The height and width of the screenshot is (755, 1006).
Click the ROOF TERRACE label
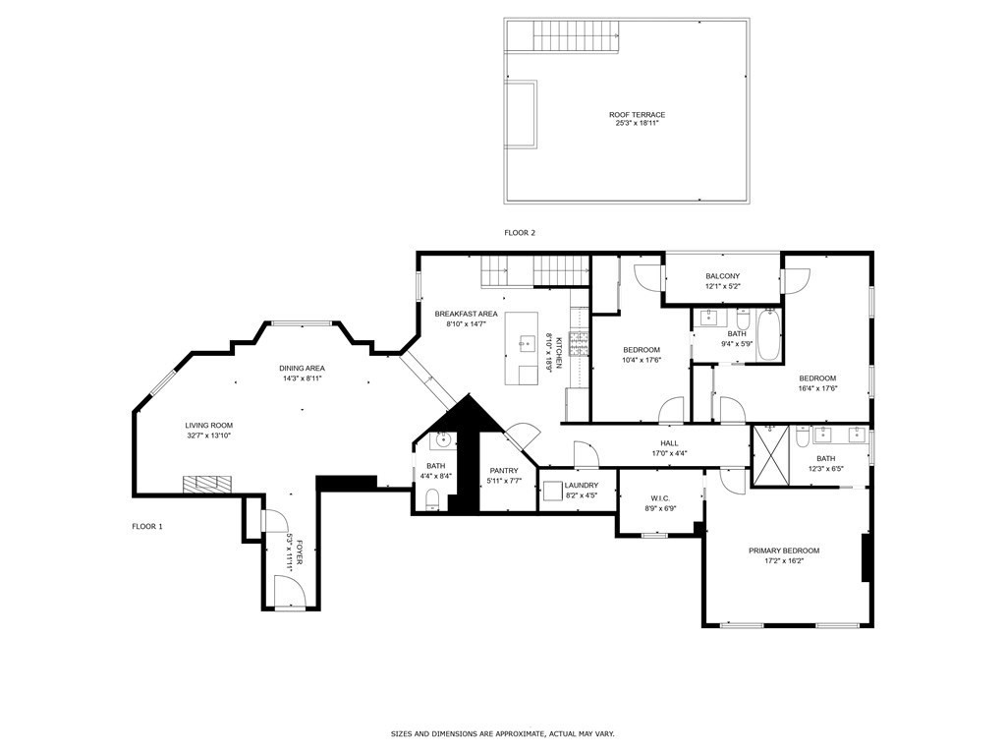pos(637,115)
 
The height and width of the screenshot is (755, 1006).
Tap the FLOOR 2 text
pos(520,233)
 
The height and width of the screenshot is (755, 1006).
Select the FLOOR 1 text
pos(147,527)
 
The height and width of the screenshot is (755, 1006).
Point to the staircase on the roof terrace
pos(579,37)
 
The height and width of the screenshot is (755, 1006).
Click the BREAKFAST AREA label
pos(466,314)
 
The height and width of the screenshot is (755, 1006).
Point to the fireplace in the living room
pos(207,483)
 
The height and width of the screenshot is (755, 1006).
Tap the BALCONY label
pos(722,276)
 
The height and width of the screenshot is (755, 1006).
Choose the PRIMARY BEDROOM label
pos(783,551)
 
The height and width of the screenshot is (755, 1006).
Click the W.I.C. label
pos(660,497)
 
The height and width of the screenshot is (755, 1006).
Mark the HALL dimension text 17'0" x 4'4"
pos(669,453)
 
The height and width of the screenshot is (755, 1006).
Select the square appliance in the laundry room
pos(553,492)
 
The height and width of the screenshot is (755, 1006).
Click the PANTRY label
pos(504,471)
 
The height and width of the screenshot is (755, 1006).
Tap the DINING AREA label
pos(303,368)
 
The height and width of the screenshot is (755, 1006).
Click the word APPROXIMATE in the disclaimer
pos(525,733)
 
